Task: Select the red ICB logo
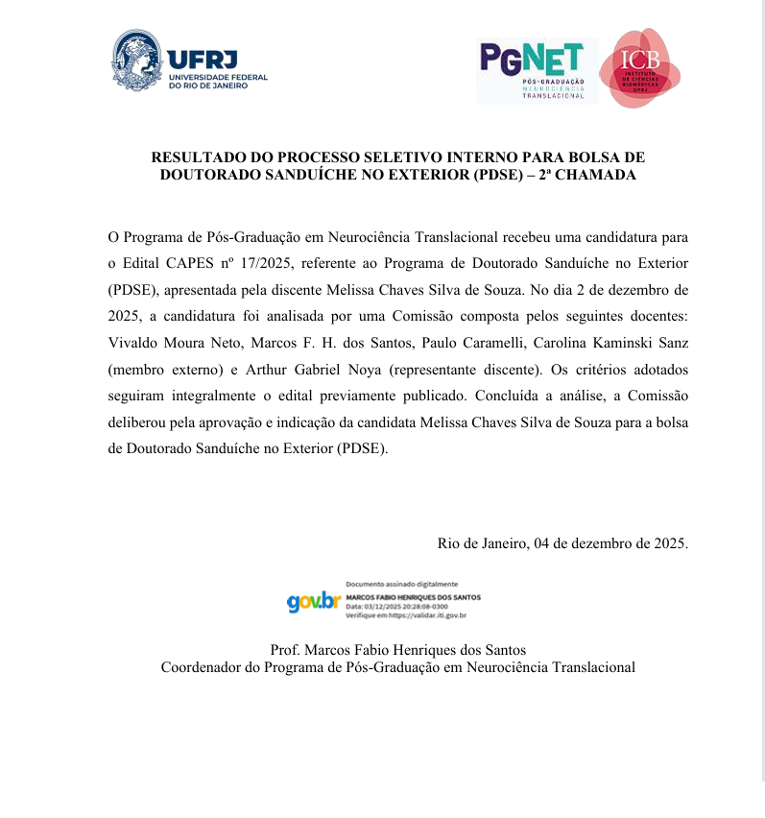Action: click(x=640, y=68)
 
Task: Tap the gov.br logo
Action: click(x=314, y=601)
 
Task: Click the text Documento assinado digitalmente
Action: click(x=401, y=585)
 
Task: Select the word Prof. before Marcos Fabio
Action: click(x=286, y=650)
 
